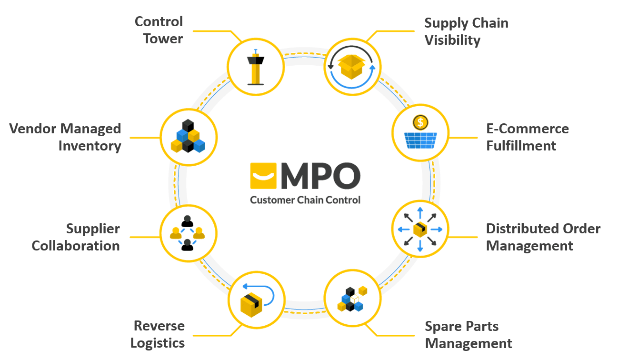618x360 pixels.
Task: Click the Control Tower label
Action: tap(159, 30)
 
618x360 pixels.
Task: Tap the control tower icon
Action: tap(256, 67)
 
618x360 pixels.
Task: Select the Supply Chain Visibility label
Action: tap(466, 31)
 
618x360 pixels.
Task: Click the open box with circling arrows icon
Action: tap(352, 67)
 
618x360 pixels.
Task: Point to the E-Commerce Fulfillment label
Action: tap(527, 137)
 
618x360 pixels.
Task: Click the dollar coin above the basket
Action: tap(419, 123)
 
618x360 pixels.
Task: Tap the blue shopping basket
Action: tap(419, 140)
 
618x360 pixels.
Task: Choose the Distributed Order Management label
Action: tap(543, 237)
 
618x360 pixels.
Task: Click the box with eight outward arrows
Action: tap(420, 230)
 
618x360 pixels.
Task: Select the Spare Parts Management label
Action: tap(468, 335)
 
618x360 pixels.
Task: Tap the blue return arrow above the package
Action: tap(259, 292)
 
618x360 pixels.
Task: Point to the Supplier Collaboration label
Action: tap(76, 237)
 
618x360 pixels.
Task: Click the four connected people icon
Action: tap(188, 233)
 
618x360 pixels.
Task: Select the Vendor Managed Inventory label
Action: tap(66, 137)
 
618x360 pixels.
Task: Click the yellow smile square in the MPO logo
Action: tap(263, 176)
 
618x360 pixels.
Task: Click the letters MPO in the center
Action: tap(320, 176)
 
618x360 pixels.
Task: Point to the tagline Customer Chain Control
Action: tap(305, 200)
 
